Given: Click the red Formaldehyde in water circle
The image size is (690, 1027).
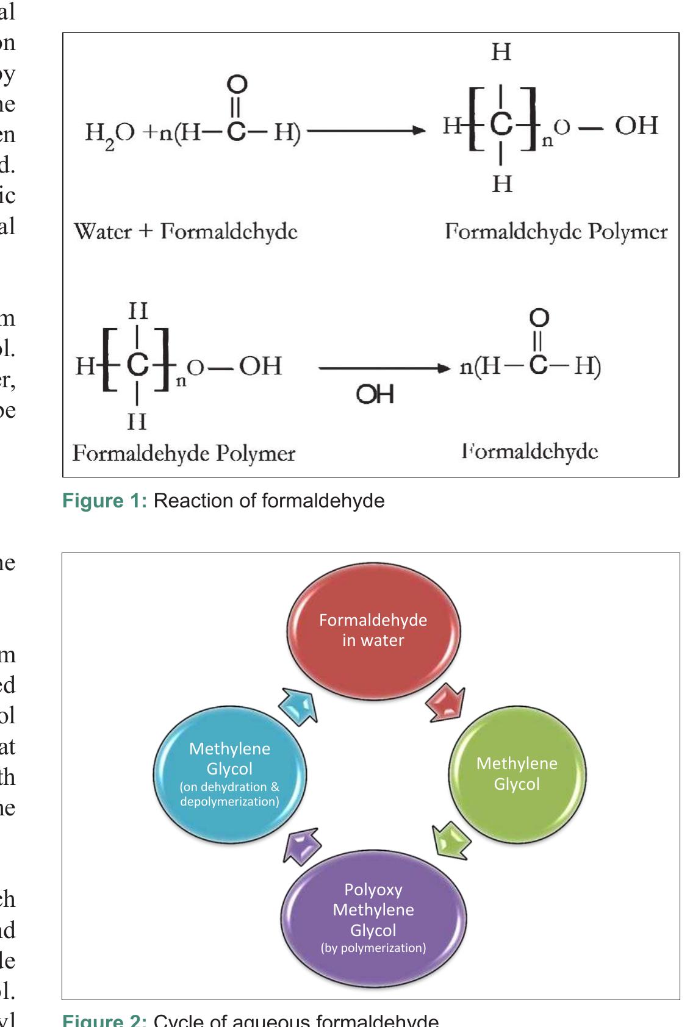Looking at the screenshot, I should (x=373, y=631).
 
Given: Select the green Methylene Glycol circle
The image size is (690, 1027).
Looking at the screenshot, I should (x=517, y=774).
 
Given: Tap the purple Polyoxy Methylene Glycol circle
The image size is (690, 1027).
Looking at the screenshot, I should (x=373, y=918).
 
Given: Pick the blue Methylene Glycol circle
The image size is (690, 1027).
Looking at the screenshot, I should (x=229, y=775).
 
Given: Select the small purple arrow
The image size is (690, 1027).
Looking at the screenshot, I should (x=301, y=845).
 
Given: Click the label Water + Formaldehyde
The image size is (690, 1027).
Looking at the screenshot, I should (x=185, y=232).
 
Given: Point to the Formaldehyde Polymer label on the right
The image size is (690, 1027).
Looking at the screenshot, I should (x=556, y=232).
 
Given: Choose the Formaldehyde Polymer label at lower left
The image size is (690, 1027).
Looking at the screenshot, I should (x=184, y=453).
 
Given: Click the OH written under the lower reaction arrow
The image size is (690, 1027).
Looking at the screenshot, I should (x=375, y=395).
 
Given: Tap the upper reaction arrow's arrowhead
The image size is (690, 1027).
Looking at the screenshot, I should (x=418, y=130).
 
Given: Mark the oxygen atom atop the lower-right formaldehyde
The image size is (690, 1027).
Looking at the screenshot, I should (x=539, y=318).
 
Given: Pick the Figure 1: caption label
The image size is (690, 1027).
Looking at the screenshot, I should (x=104, y=501).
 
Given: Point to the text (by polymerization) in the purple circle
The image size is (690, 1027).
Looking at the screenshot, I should (x=373, y=948).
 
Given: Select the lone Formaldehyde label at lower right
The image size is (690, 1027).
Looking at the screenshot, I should (x=530, y=452).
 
